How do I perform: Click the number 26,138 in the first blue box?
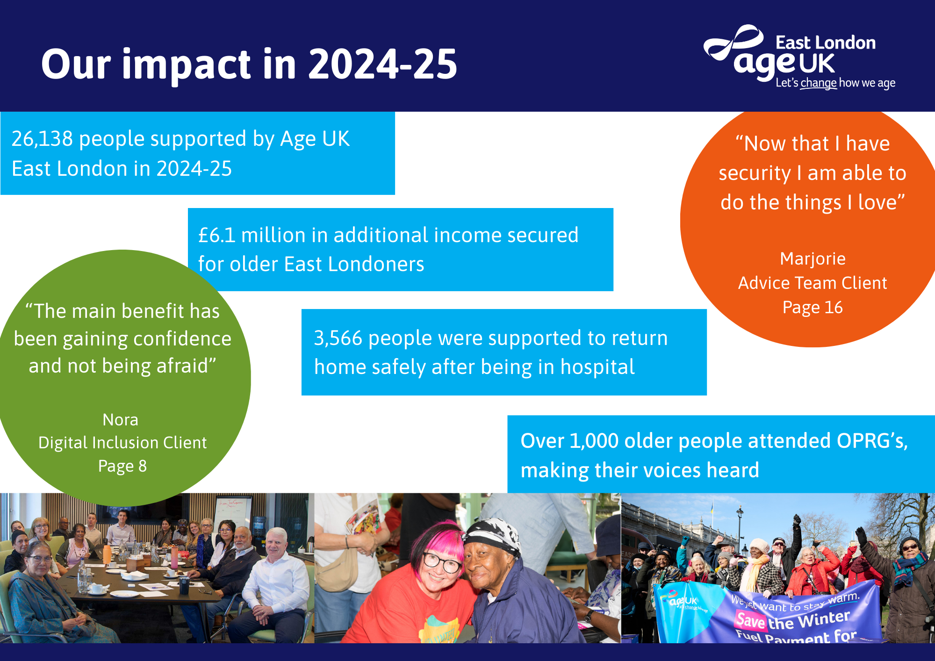tap(42, 139)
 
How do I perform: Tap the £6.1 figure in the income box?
tap(217, 235)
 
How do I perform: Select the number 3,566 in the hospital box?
tap(338, 338)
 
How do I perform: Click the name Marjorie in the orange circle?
tap(813, 259)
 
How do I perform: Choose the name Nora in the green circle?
tap(121, 420)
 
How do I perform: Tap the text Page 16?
tap(813, 308)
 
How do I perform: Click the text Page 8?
tap(122, 466)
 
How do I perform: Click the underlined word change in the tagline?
tap(819, 83)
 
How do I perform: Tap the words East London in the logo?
tap(826, 43)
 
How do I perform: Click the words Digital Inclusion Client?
tap(122, 443)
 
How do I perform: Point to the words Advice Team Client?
tap(813, 283)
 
